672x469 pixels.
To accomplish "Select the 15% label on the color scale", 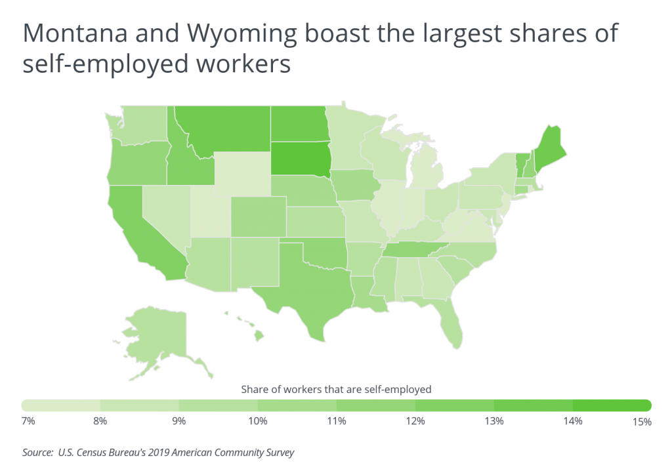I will pyautogui.click(x=641, y=421).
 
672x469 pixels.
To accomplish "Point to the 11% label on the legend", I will pyautogui.click(x=336, y=420).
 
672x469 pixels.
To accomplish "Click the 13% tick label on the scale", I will pyautogui.click(x=493, y=420).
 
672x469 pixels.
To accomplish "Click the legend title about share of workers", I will pyautogui.click(x=336, y=389).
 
